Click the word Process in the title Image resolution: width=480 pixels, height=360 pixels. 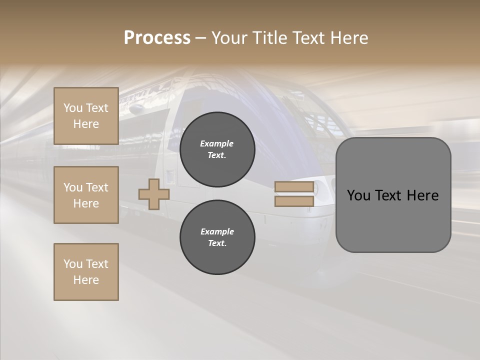[157, 38]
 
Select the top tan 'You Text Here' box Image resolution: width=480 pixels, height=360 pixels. [86, 116]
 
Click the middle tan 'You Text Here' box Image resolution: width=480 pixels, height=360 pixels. [86, 195]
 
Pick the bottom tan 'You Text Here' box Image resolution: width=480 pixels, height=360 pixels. [86, 272]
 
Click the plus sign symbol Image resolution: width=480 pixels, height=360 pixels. [154, 194]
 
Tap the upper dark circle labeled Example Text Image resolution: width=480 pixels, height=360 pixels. [217, 149]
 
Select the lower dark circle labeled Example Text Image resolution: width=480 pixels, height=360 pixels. [217, 237]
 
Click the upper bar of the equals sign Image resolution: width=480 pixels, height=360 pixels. [294, 187]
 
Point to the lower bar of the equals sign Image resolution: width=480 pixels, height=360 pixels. [294, 201]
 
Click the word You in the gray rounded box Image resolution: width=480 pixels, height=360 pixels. [358, 195]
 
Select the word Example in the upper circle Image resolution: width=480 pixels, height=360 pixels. [217, 143]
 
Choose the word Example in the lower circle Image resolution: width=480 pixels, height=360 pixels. [217, 231]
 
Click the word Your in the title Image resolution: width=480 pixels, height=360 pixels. [230, 38]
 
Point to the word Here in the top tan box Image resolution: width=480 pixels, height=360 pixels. [86, 124]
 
